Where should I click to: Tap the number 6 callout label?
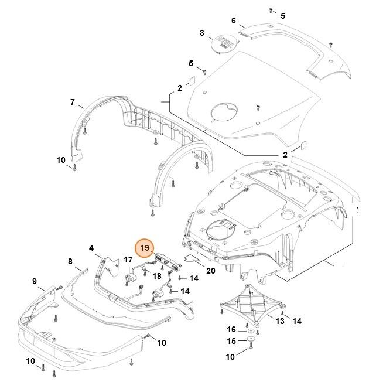point(234,21)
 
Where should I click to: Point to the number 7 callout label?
point(73,102)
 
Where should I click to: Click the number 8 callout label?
point(70,261)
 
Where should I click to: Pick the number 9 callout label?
point(34,281)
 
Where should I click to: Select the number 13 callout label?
point(280,321)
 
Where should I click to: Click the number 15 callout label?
point(231,342)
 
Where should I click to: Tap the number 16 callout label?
point(231,330)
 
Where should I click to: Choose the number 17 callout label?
point(127,260)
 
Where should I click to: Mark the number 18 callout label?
point(157,275)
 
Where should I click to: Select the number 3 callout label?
point(202,32)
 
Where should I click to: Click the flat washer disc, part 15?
point(250,341)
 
